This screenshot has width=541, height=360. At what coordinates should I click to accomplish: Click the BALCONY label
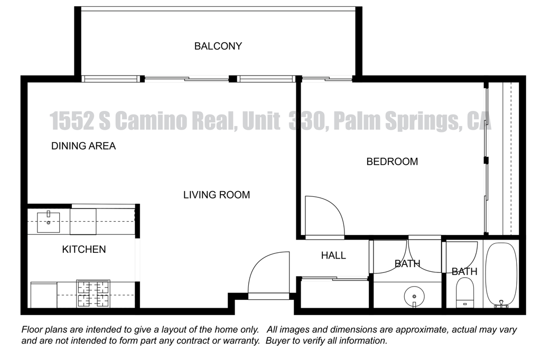pos(218,46)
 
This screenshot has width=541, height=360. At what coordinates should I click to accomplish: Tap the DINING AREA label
pos(83,146)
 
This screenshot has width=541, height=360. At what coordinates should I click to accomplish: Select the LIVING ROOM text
pos(216,195)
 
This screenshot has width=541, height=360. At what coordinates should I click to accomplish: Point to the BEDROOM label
pos(392,162)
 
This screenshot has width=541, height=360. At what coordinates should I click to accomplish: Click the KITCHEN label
pos(84,249)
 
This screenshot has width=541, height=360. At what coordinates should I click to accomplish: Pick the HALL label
pos(333,255)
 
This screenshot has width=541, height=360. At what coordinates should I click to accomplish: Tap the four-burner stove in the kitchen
pos(93,294)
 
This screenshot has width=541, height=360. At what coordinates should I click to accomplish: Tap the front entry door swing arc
pos(268,273)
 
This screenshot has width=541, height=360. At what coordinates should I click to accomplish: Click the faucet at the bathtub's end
pos(501,304)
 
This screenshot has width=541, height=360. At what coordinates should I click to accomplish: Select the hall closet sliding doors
pos(333,279)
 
